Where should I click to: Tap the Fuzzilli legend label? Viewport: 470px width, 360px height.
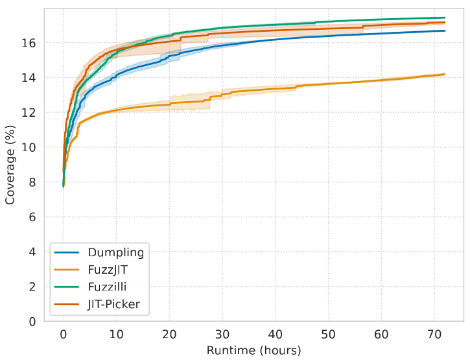[x=106, y=286]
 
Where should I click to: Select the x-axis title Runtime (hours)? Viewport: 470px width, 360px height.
[x=254, y=351]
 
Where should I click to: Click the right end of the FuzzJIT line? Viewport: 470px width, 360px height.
[x=445, y=75]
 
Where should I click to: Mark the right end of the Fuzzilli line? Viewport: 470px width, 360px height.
[x=445, y=18]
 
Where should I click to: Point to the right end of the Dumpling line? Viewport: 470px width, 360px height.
[x=445, y=31]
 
